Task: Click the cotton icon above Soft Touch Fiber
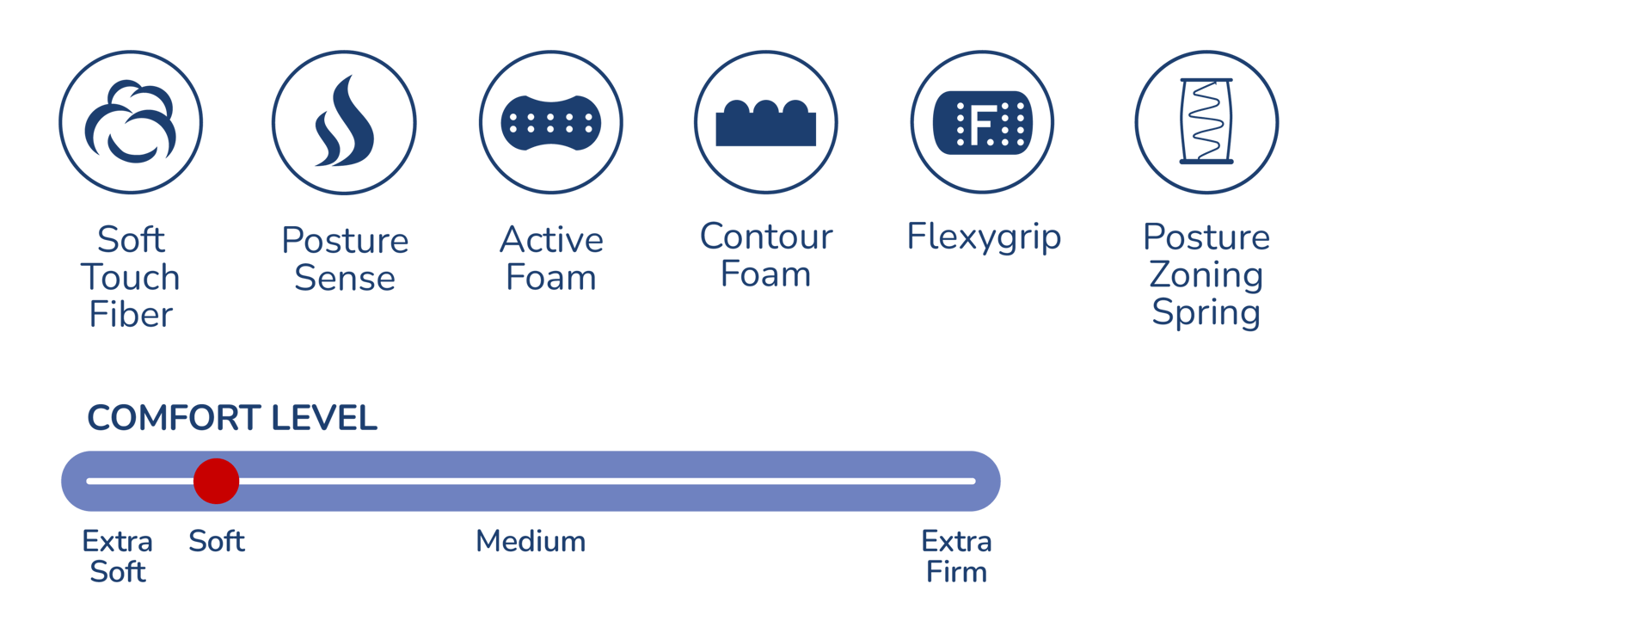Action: tap(131, 122)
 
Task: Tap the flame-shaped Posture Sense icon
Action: tap(344, 122)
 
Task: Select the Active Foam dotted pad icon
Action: tap(550, 122)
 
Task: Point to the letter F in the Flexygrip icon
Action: tap(981, 125)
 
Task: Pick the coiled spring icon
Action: tap(1206, 121)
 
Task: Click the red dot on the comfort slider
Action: tap(216, 481)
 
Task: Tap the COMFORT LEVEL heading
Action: tap(232, 419)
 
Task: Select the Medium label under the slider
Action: tap(531, 542)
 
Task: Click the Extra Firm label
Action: tap(956, 556)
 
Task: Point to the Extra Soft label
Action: tap(118, 556)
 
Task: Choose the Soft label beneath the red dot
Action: tap(217, 542)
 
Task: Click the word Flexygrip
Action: tap(984, 237)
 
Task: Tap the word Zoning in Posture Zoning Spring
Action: tap(1206, 275)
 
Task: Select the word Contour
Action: tap(766, 237)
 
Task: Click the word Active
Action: tap(551, 240)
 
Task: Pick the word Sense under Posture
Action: tap(344, 278)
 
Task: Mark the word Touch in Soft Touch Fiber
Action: tap(131, 278)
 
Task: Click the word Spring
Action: tap(1206, 313)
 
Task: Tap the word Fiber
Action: tap(131, 315)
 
